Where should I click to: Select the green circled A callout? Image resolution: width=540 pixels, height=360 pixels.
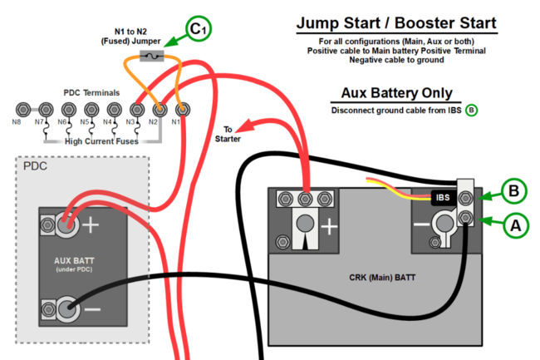(514, 224)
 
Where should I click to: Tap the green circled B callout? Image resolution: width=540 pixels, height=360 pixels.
(514, 190)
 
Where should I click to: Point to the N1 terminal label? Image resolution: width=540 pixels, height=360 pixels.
(176, 122)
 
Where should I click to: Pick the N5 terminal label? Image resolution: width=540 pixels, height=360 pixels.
(84, 122)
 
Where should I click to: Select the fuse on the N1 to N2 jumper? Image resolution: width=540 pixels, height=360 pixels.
(153, 57)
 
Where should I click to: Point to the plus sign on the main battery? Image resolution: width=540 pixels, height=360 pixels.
(329, 225)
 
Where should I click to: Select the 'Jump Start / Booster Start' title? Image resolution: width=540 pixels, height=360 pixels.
(396, 23)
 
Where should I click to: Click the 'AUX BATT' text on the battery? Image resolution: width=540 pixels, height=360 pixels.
(72, 260)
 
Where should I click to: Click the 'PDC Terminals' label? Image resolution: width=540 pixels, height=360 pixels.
(91, 92)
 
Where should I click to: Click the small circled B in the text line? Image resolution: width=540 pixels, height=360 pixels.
(471, 110)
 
